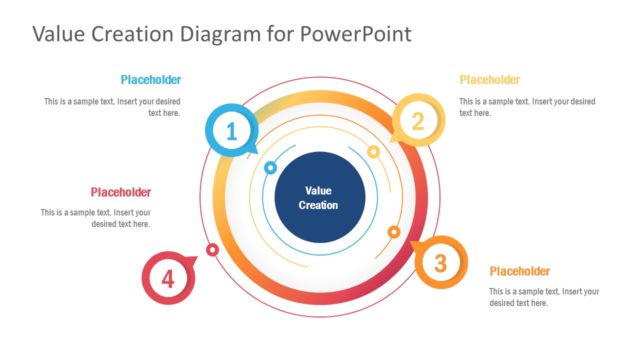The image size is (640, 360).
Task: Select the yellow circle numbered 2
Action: [418, 122]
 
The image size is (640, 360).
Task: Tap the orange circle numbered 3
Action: [440, 264]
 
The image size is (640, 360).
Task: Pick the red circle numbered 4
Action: [167, 277]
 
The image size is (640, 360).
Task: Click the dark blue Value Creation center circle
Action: [318, 197]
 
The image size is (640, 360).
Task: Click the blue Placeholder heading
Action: [151, 80]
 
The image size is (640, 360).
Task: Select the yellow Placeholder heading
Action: [490, 80]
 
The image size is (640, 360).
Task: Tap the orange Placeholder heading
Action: [520, 271]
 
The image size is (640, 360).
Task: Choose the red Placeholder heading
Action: [121, 192]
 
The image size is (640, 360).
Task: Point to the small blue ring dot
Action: [270, 168]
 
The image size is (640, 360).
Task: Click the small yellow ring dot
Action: [373, 152]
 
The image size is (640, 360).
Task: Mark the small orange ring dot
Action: [394, 232]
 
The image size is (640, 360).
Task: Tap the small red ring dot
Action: [212, 249]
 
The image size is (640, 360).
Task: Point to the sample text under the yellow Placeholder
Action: [527, 107]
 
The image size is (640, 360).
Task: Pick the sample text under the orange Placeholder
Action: [544, 296]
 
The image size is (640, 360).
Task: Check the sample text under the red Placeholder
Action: [96, 218]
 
